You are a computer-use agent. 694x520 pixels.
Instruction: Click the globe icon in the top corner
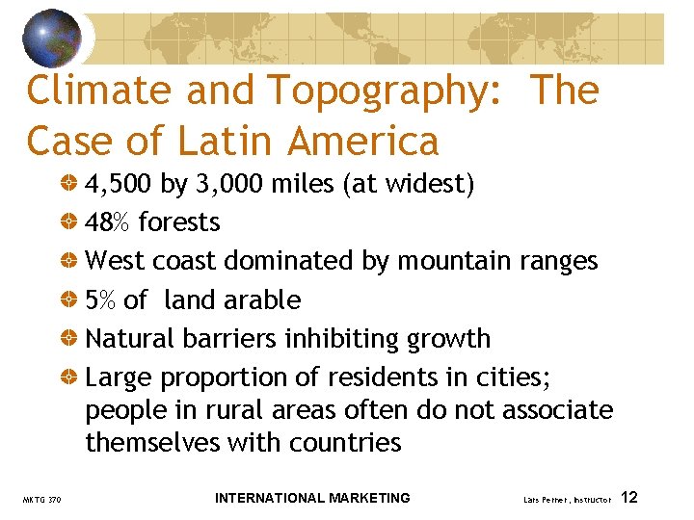pyautogui.click(x=52, y=38)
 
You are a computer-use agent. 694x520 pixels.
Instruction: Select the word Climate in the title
pyautogui.click(x=99, y=91)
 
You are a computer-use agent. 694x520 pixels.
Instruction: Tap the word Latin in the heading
pyautogui.click(x=232, y=142)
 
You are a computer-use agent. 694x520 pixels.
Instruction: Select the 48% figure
pyautogui.click(x=108, y=221)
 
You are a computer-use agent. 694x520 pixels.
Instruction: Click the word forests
pyautogui.click(x=179, y=221)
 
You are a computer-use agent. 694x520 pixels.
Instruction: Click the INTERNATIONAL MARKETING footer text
pyautogui.click(x=312, y=498)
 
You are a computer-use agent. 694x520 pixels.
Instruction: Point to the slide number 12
pyautogui.click(x=629, y=498)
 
